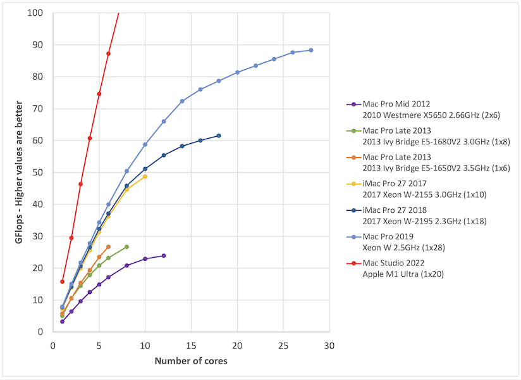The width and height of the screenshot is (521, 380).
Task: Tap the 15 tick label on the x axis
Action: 191,346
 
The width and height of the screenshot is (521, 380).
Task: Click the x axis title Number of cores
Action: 191,362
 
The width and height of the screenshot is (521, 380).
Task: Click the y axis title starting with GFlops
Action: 20,172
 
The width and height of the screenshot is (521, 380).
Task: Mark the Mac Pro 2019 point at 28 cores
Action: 311,50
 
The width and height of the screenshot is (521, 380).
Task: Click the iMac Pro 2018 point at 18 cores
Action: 219,136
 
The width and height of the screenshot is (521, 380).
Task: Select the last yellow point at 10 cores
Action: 145,176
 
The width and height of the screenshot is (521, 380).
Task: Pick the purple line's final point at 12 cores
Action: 164,256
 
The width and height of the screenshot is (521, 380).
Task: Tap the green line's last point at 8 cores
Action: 126,247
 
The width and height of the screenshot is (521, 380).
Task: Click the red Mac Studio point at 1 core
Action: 62,281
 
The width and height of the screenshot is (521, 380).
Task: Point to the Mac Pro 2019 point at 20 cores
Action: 237,72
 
